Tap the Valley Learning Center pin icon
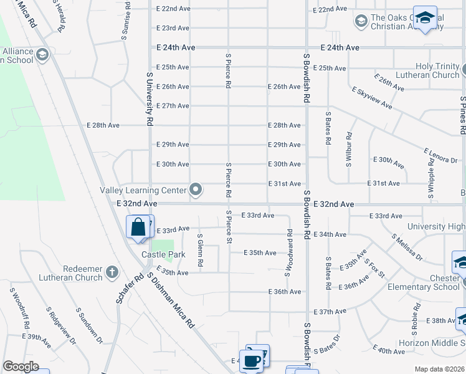[196, 190]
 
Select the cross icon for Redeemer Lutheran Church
[112, 271]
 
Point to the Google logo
[21, 367]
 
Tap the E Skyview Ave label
[372, 98]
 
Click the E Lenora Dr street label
[440, 156]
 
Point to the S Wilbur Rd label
[349, 148]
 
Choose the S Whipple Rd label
[431, 178]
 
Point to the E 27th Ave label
[173, 106]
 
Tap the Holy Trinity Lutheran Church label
[437, 70]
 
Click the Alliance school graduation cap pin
[42, 55]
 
